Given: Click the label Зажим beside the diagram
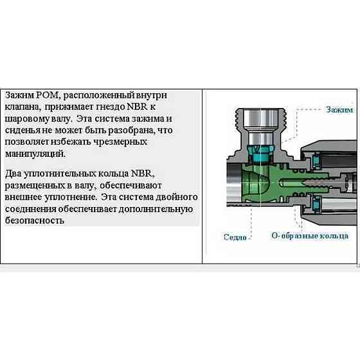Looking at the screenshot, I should (x=339, y=109).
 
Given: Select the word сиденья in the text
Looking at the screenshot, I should (x=24, y=130).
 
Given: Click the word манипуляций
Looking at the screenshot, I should (x=34, y=154).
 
